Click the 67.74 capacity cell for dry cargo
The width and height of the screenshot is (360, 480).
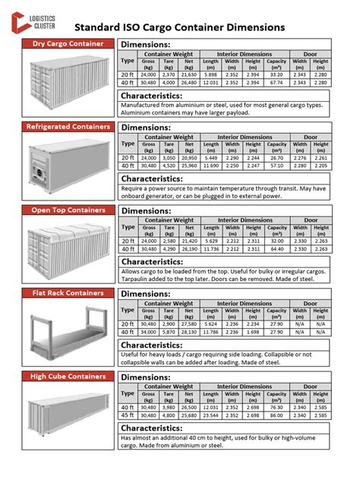click(x=276, y=82)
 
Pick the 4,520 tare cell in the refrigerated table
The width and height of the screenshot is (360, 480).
click(x=169, y=165)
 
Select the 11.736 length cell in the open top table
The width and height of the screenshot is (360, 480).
click(x=211, y=248)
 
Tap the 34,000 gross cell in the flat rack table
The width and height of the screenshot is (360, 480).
click(x=149, y=331)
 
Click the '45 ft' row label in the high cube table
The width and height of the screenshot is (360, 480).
click(x=128, y=415)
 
